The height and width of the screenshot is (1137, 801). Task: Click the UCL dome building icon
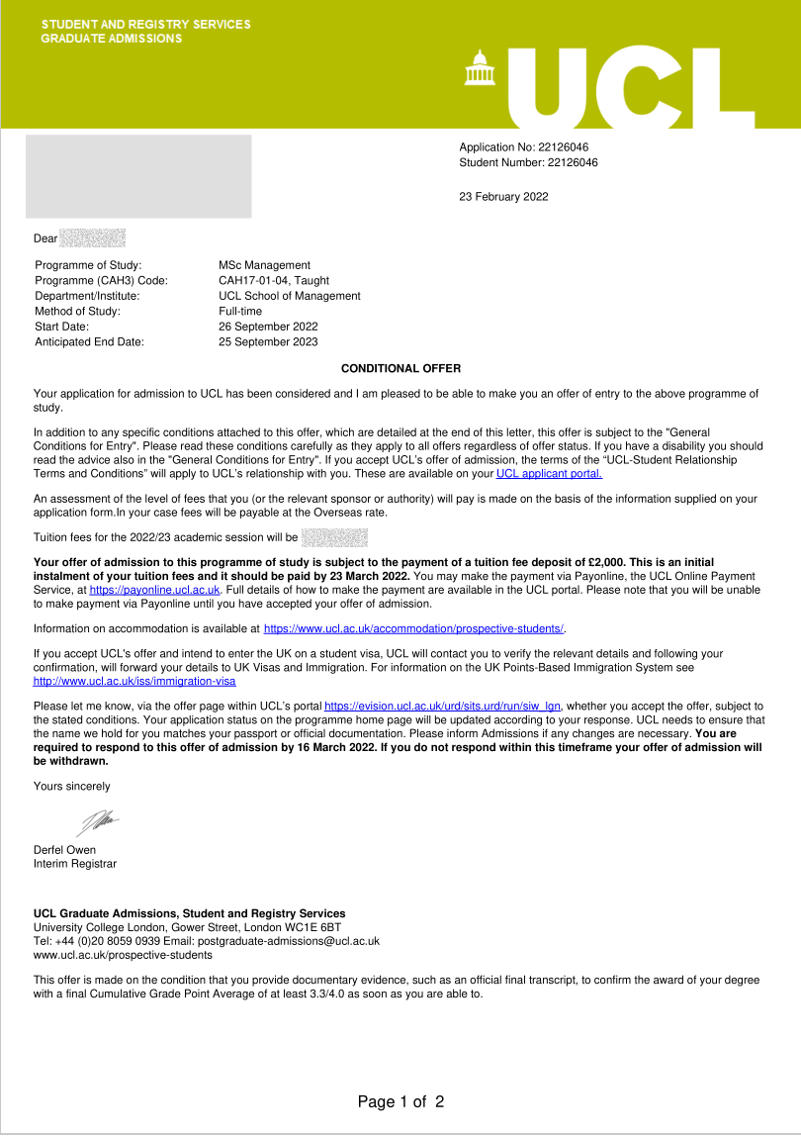click(x=480, y=68)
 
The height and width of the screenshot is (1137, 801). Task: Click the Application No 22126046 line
click(x=524, y=147)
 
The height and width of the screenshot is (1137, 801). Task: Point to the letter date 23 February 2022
click(x=503, y=197)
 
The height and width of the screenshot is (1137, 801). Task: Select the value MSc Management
click(x=264, y=265)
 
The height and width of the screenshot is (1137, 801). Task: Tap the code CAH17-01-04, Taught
click(x=267, y=281)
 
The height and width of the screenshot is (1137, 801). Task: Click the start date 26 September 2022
click(x=268, y=327)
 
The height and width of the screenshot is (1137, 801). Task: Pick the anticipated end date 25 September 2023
click(x=268, y=342)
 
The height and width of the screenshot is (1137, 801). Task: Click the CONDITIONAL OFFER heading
click(x=400, y=368)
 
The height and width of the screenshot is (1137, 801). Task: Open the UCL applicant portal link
click(x=549, y=473)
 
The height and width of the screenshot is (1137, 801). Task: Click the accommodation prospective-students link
click(x=413, y=628)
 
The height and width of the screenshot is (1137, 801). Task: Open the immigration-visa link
click(x=134, y=681)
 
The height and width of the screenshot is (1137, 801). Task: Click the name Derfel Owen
click(x=65, y=849)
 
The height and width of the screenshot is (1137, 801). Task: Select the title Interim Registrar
click(x=75, y=864)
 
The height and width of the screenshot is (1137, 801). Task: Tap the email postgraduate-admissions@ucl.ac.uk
click(x=289, y=941)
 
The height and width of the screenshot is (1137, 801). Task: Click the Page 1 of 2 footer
click(x=400, y=1101)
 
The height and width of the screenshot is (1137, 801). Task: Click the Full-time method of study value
click(x=240, y=312)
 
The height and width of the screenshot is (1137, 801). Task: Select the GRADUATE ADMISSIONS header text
click(x=112, y=39)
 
